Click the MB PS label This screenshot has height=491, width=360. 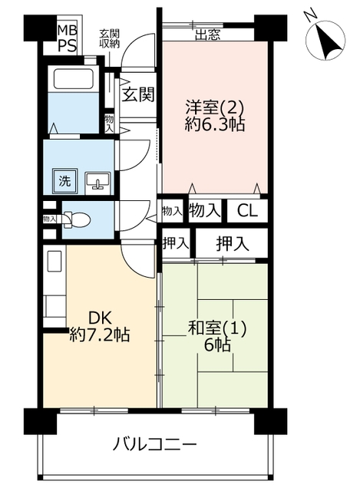[67, 38]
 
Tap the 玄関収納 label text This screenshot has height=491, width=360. [109, 39]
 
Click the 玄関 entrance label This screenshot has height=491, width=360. [138, 94]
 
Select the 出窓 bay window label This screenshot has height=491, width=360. [208, 35]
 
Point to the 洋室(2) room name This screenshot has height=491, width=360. [214, 108]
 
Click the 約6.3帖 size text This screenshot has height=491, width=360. [215, 124]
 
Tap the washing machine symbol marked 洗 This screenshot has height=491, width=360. [64, 181]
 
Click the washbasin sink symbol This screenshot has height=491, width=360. [97, 181]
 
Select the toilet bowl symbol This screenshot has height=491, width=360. [77, 219]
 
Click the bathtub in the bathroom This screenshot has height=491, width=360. [74, 78]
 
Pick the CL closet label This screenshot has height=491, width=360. [247, 211]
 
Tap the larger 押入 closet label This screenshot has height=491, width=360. [233, 243]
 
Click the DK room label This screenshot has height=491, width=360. [101, 318]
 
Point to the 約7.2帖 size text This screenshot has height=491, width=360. [99, 334]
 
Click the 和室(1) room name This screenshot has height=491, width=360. [216, 328]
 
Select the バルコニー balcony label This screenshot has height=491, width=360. [155, 444]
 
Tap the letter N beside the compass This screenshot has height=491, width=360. [311, 16]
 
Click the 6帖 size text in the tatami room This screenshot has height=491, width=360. [216, 345]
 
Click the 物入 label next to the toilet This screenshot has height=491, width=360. [49, 219]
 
